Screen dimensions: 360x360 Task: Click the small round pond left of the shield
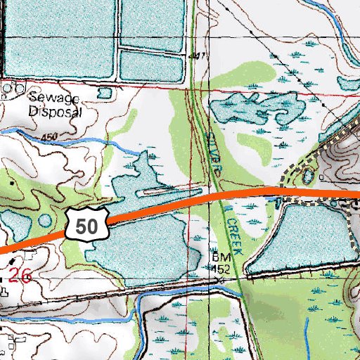46,220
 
